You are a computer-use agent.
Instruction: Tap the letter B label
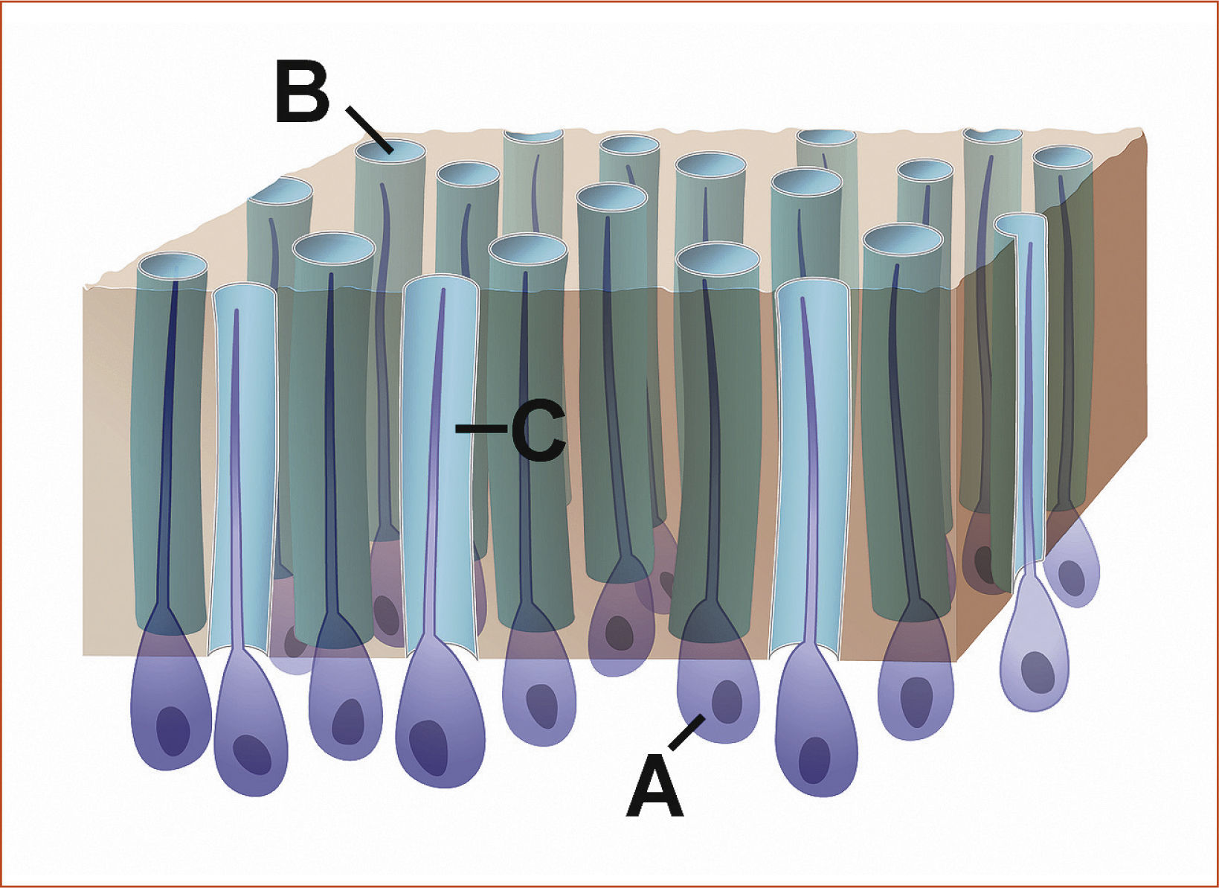click(x=303, y=92)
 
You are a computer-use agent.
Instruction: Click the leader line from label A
click(x=686, y=732)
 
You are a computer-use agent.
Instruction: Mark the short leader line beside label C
click(x=480, y=428)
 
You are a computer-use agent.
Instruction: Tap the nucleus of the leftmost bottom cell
click(x=172, y=731)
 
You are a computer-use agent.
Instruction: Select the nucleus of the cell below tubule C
click(x=428, y=747)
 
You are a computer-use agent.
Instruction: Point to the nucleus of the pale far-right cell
click(x=1035, y=671)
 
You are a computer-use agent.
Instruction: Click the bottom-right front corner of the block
click(x=957, y=659)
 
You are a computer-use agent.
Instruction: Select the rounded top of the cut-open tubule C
click(x=440, y=284)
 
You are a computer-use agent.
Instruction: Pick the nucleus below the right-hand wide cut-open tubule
click(x=815, y=760)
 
